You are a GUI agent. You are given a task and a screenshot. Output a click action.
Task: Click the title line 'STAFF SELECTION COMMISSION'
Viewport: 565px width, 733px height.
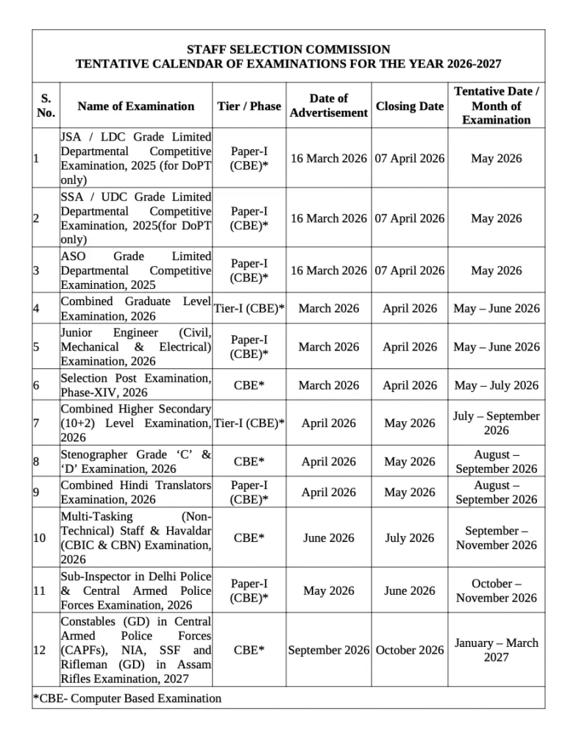(x=288, y=49)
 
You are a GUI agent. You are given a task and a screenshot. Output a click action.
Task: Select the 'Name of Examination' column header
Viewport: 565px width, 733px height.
(x=136, y=107)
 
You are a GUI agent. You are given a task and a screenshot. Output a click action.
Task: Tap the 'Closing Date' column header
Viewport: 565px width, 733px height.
(x=410, y=107)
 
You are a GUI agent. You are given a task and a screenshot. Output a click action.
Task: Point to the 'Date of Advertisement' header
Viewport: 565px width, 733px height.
(x=328, y=106)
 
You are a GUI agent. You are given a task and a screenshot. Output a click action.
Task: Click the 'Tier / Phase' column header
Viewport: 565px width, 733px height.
(x=249, y=107)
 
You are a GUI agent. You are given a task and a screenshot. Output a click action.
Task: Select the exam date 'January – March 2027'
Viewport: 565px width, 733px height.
(x=496, y=650)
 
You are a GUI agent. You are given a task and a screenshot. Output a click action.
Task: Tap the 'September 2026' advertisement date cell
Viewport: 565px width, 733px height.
(x=328, y=650)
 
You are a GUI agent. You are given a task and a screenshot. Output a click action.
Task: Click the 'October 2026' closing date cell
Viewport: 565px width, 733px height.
(x=410, y=650)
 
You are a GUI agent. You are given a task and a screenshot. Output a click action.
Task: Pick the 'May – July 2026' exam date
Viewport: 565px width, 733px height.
(x=496, y=385)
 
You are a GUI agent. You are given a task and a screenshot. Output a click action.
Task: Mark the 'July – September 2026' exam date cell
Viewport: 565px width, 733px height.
(x=496, y=423)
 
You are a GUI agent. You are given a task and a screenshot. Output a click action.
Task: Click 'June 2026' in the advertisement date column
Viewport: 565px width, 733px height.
(x=328, y=538)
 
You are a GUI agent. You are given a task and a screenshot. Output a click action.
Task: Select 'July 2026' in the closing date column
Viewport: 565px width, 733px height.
(x=410, y=538)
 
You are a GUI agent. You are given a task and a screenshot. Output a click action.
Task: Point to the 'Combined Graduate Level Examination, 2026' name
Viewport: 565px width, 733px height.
(x=136, y=309)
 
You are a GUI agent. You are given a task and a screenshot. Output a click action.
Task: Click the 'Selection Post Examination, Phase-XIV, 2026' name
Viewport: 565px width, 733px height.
(x=136, y=385)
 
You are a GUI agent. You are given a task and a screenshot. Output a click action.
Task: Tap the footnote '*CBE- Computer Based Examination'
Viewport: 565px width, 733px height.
(x=127, y=698)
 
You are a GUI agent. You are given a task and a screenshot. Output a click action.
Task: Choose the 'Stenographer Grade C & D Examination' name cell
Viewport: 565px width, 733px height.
(x=136, y=462)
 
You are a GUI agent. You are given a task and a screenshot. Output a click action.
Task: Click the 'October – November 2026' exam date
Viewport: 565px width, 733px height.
(x=496, y=591)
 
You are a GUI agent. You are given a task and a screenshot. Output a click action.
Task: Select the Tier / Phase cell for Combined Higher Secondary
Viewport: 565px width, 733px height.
(x=249, y=423)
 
